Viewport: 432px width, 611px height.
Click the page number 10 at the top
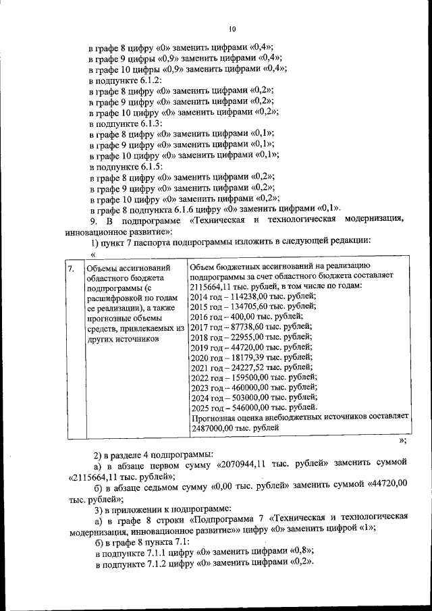[232, 29]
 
